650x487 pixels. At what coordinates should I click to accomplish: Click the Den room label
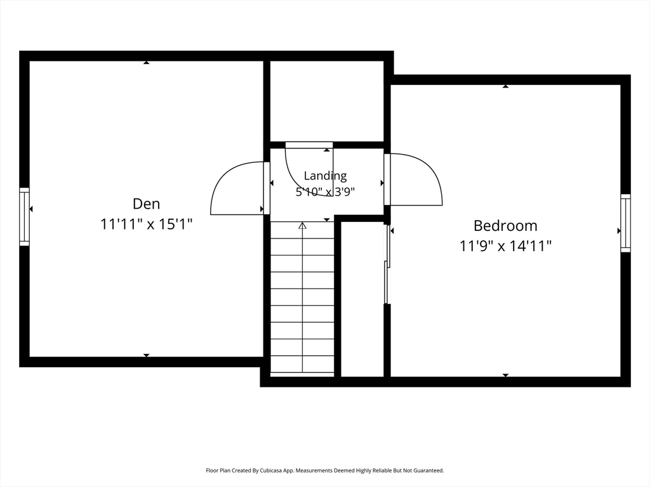[x=147, y=204]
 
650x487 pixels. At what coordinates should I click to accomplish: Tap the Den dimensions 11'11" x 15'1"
[x=147, y=224]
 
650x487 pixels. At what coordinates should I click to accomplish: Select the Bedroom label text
[x=505, y=226]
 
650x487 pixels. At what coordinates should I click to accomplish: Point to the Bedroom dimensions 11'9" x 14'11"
[x=505, y=247]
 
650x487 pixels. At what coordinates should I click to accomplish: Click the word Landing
[x=326, y=176]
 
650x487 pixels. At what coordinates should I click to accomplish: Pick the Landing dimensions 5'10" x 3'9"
[x=326, y=192]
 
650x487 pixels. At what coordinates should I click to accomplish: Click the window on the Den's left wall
[x=25, y=217]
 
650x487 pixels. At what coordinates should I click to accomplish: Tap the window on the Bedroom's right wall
[x=625, y=223]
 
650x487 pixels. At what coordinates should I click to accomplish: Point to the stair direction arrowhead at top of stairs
[x=303, y=226]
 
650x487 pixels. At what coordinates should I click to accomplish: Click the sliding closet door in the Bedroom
[x=387, y=264]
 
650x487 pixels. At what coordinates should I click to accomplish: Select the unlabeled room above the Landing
[x=327, y=101]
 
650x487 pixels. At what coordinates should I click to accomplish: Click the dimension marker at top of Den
[x=147, y=63]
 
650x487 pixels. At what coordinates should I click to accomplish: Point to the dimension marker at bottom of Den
[x=147, y=355]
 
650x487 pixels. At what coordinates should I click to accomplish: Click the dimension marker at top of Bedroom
[x=505, y=86]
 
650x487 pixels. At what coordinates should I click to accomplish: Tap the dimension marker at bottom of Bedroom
[x=505, y=375]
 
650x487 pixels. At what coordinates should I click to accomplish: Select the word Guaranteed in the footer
[x=430, y=471]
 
